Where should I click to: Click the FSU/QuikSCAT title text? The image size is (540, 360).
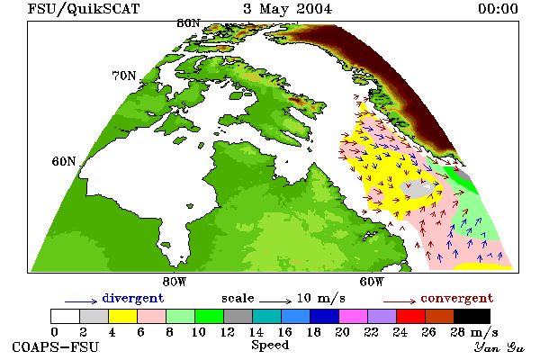(84, 9)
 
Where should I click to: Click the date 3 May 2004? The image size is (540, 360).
(288, 9)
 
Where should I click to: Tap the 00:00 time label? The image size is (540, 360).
(498, 9)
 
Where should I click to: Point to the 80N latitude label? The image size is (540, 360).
(188, 23)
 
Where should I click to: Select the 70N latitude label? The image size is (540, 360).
(124, 76)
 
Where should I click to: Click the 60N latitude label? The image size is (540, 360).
(64, 161)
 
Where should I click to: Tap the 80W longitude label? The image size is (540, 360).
(175, 282)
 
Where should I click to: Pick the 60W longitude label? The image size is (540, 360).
(372, 282)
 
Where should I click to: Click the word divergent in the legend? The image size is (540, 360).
(133, 298)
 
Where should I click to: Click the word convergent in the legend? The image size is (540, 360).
(457, 298)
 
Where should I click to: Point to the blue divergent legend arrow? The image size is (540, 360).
(81, 301)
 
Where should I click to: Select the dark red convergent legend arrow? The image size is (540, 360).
(400, 301)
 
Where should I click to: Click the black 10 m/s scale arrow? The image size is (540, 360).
(275, 301)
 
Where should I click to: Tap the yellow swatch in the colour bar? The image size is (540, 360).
(122, 316)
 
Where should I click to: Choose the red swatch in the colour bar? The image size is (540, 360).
(411, 316)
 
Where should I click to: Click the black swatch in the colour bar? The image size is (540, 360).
(472, 316)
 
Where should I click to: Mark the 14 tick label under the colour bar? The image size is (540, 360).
(256, 332)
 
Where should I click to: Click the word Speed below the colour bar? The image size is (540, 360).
(270, 346)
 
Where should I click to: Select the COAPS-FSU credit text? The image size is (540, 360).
(56, 346)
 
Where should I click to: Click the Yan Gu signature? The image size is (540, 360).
(499, 347)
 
